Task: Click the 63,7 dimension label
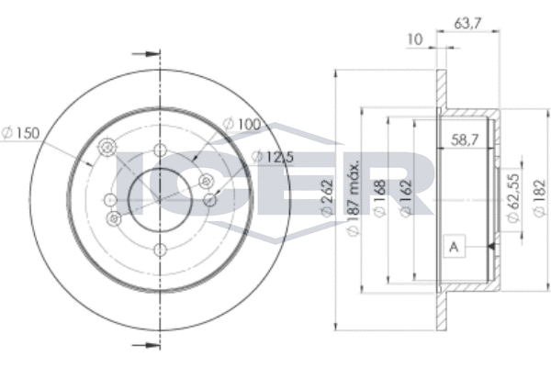point(467,24)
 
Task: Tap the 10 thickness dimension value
point(415,39)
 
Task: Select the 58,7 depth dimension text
point(465,140)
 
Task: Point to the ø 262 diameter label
point(327,198)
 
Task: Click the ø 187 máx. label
point(354,198)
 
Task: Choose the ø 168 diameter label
point(380,198)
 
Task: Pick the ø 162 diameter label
point(406,198)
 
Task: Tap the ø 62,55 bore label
point(513,198)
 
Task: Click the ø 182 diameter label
point(540,198)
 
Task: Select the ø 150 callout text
point(20,133)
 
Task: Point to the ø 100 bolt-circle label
point(242,124)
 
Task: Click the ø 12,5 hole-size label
point(273,157)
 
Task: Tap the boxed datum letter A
point(454,247)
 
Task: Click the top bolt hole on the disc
point(160,150)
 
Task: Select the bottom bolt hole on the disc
point(160,250)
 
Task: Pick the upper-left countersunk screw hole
point(107,147)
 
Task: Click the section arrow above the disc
point(146,54)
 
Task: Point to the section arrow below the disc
point(146,345)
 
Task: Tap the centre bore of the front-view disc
point(160,200)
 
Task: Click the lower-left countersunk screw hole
point(114,219)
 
